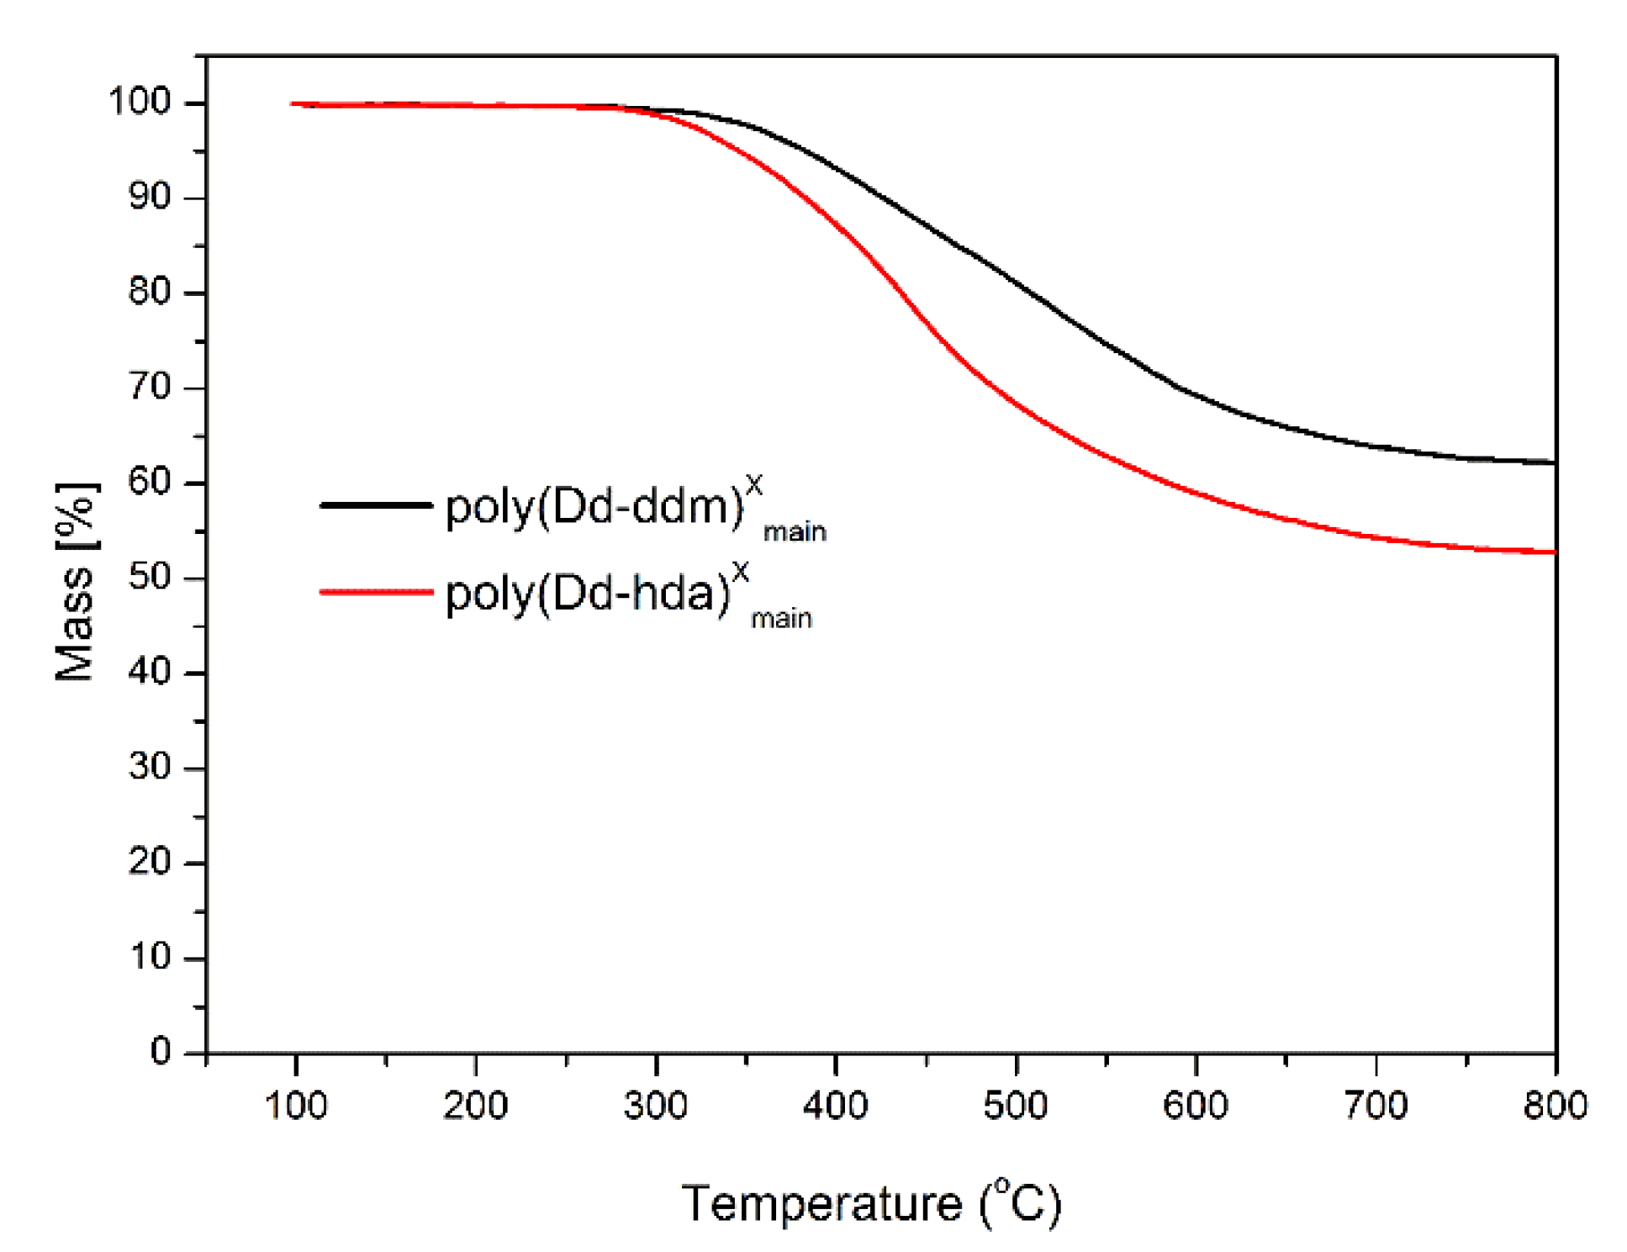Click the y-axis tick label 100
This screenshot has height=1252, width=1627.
pyautogui.click(x=140, y=102)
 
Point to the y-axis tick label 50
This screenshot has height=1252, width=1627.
pyautogui.click(x=150, y=578)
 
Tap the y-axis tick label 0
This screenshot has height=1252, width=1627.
pyautogui.click(x=161, y=1052)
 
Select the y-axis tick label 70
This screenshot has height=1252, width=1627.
pyautogui.click(x=150, y=388)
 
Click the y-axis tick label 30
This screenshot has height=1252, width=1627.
pyautogui.click(x=150, y=767)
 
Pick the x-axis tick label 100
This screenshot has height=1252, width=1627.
pyautogui.click(x=296, y=1105)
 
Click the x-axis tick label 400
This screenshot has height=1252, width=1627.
pyautogui.click(x=836, y=1105)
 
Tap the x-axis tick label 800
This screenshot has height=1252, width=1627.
pyautogui.click(x=1556, y=1105)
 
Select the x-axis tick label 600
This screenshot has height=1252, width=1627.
pyautogui.click(x=1196, y=1105)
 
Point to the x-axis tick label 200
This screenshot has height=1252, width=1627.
pyautogui.click(x=476, y=1105)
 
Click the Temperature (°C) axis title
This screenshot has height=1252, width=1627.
pyautogui.click(x=871, y=1202)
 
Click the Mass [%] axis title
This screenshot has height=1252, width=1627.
pyautogui.click(x=76, y=582)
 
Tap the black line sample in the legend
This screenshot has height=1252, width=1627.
pyautogui.click(x=376, y=504)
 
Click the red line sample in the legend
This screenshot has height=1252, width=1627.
pyautogui.click(x=376, y=592)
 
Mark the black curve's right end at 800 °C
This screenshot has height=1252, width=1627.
pyautogui.click(x=1555, y=462)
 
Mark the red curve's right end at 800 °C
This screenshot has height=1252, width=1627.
pyautogui.click(x=1555, y=552)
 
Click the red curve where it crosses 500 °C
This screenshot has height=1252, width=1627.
pyautogui.click(x=1016, y=404)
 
